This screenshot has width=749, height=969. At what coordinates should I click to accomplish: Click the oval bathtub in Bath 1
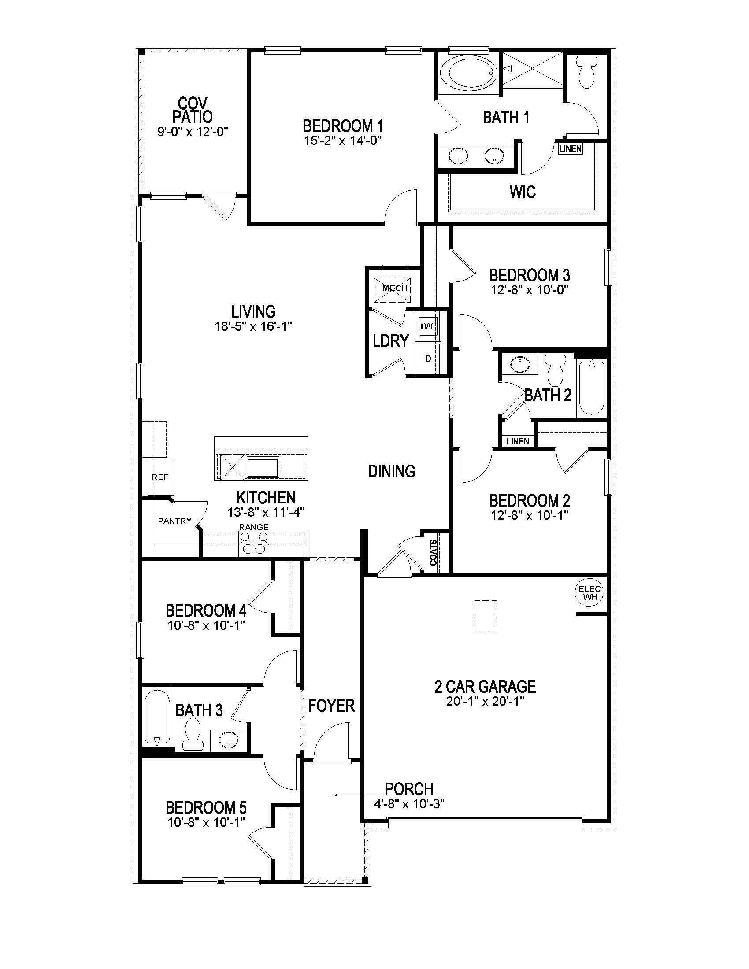click(471, 73)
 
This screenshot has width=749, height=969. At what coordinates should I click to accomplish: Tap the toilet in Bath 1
click(586, 73)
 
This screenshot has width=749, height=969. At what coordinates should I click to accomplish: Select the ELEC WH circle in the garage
click(589, 593)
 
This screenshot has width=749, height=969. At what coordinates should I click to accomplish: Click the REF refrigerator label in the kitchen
click(160, 477)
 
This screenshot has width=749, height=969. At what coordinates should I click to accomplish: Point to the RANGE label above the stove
click(254, 527)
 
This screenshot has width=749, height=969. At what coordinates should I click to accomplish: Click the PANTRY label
click(174, 521)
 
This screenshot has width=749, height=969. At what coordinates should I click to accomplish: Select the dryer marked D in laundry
click(428, 359)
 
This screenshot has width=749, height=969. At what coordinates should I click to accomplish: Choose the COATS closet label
click(434, 552)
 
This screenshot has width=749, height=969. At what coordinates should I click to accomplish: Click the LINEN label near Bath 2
click(518, 441)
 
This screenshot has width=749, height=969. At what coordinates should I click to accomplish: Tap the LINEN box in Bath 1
click(570, 148)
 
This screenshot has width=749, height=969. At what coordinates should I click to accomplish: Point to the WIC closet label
click(522, 192)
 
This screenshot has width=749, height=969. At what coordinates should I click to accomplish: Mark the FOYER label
click(331, 706)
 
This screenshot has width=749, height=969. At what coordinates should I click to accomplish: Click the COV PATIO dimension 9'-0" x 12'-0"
click(193, 132)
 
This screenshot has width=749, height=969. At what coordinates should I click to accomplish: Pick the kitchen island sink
click(262, 468)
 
